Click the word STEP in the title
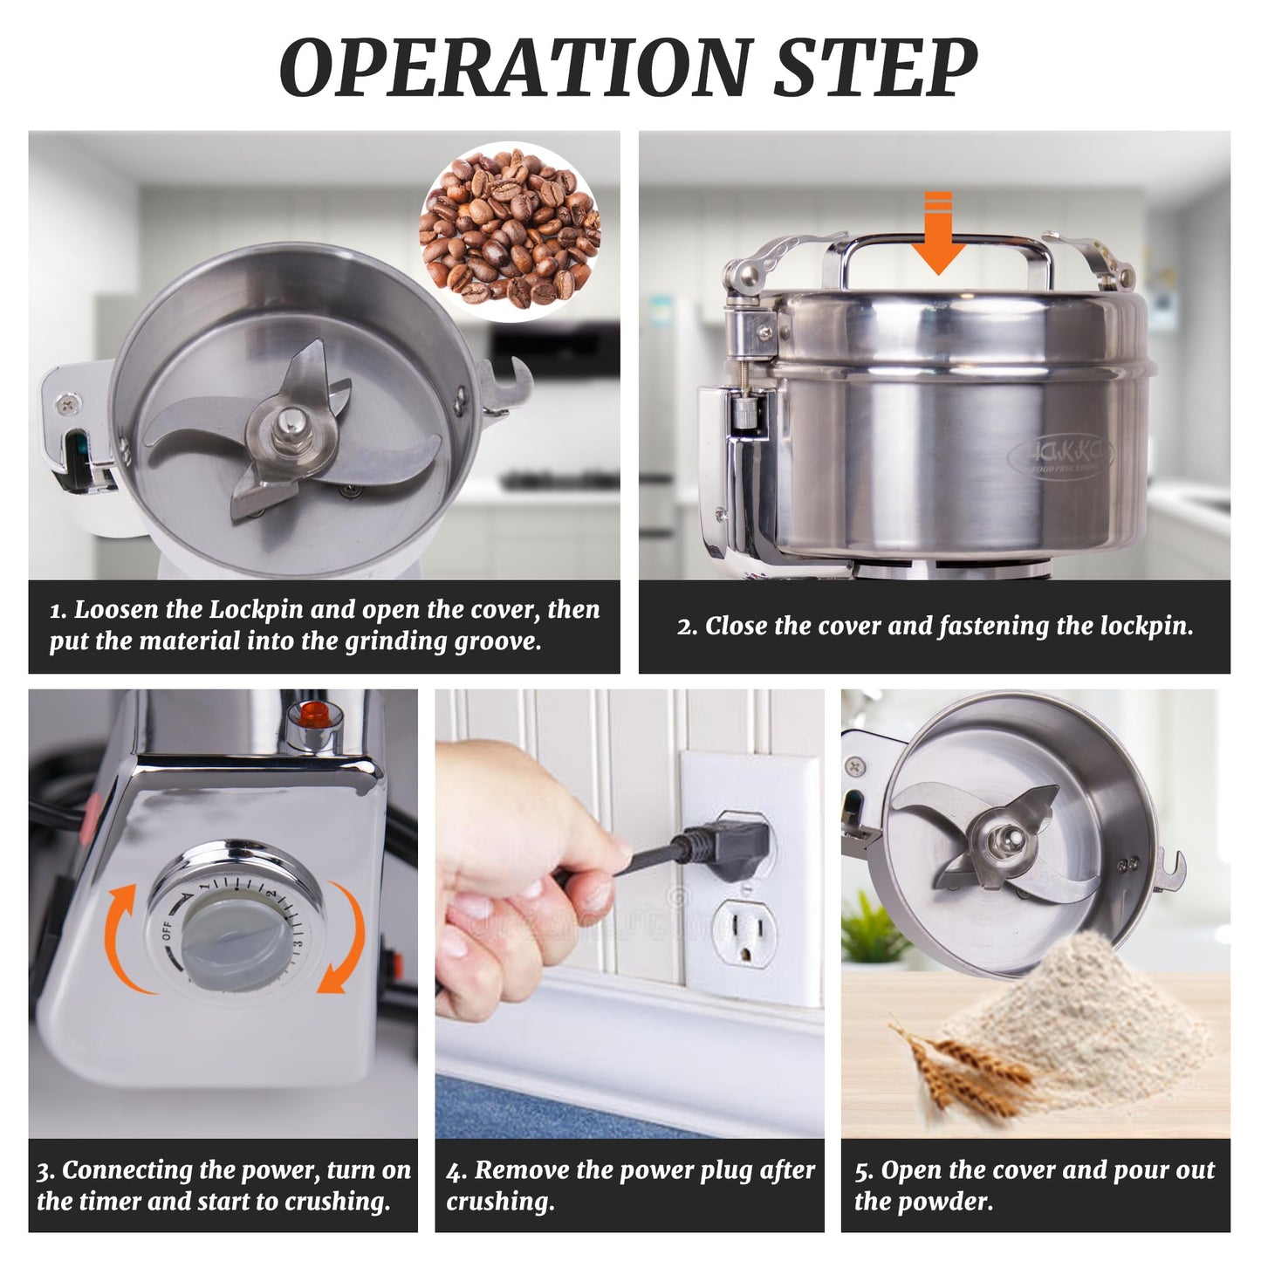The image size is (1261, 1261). (x=876, y=67)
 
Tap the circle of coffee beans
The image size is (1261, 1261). (x=511, y=231)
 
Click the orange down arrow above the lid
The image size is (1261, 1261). (x=939, y=232)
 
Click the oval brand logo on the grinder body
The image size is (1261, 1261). (x=1060, y=454)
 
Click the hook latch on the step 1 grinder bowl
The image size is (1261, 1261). (x=503, y=387)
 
